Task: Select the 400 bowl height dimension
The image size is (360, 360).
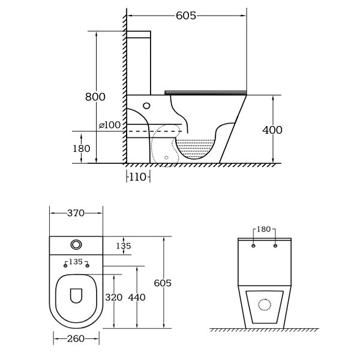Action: tap(272, 130)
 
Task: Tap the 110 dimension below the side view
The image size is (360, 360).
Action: tap(138, 177)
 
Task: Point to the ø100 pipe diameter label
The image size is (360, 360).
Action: tap(110, 125)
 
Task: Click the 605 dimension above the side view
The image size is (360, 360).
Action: tap(186, 16)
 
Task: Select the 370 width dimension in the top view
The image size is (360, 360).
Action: tap(76, 213)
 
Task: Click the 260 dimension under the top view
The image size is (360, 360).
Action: tap(76, 339)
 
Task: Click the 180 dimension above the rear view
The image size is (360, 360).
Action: tap(264, 229)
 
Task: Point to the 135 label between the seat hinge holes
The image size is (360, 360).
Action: tap(76, 262)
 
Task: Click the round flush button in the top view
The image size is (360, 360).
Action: tap(76, 245)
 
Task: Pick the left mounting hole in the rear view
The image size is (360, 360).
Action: tap(253, 246)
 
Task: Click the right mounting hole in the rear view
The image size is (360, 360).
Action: tap(275, 246)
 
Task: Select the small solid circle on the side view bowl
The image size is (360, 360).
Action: tap(146, 106)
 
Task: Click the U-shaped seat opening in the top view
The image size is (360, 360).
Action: tap(76, 296)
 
